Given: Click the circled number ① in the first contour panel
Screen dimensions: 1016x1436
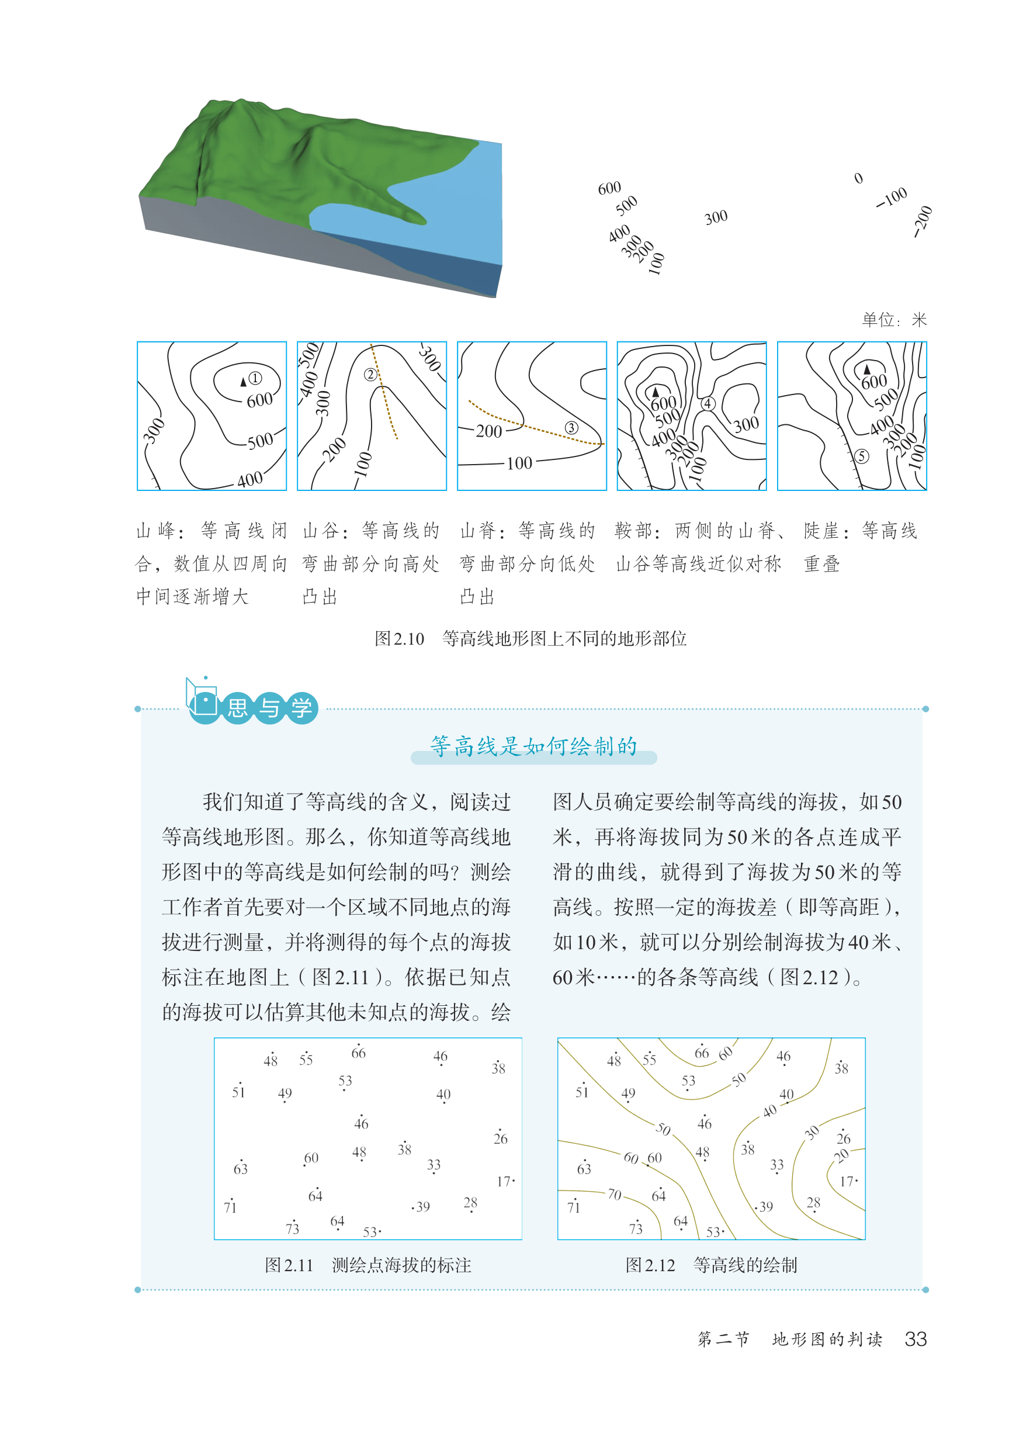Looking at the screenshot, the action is pyautogui.click(x=255, y=378).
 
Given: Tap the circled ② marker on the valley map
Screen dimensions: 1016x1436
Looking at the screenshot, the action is pyautogui.click(x=370, y=374).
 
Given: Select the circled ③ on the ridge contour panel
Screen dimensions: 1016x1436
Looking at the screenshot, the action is pyautogui.click(x=571, y=428).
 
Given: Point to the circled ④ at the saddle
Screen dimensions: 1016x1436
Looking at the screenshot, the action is pyautogui.click(x=708, y=404).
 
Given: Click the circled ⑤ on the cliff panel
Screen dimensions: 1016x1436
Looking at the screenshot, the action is pyautogui.click(x=862, y=456).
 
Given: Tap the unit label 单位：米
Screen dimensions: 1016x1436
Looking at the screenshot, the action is pyautogui.click(x=894, y=320).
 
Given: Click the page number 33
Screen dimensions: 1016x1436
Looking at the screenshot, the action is pyautogui.click(x=916, y=1339).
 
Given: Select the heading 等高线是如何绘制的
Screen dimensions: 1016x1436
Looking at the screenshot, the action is pyautogui.click(x=533, y=746).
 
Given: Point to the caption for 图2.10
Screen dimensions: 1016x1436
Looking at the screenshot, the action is pyautogui.click(x=530, y=639).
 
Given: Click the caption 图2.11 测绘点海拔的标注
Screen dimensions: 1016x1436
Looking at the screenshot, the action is pyautogui.click(x=368, y=1265).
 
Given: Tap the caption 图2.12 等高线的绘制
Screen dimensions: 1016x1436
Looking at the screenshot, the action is pyautogui.click(x=712, y=1265).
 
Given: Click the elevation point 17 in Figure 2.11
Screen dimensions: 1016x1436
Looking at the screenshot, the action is pyautogui.click(x=504, y=1181).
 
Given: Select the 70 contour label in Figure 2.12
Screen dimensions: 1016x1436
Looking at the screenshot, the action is pyautogui.click(x=615, y=1195).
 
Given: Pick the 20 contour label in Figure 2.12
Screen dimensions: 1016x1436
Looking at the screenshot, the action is pyautogui.click(x=841, y=1155).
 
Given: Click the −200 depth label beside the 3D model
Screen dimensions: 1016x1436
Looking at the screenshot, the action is pyautogui.click(x=922, y=222).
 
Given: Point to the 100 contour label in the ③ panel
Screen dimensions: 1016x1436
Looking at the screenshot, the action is pyautogui.click(x=519, y=463).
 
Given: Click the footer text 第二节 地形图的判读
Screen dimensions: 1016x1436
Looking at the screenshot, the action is pyautogui.click(x=790, y=1340).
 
